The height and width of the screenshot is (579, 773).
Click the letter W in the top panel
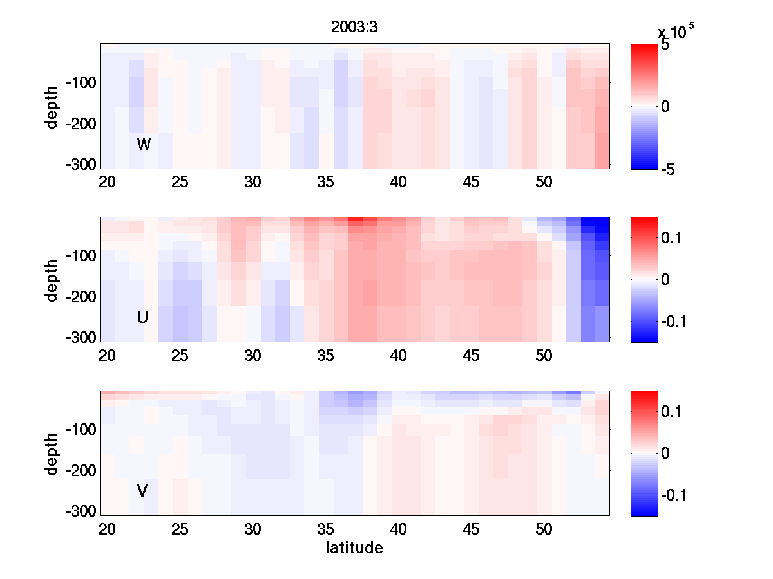pyautogui.click(x=144, y=144)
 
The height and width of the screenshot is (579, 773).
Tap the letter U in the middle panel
pyautogui.click(x=143, y=317)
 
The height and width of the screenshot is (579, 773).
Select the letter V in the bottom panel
pyautogui.click(x=142, y=491)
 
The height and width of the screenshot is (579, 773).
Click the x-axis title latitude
pyautogui.click(x=354, y=548)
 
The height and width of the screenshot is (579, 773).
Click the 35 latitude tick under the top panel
pyautogui.click(x=326, y=182)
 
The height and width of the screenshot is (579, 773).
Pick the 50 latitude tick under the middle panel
pyautogui.click(x=544, y=356)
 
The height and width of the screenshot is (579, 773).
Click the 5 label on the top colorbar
pyautogui.click(x=665, y=46)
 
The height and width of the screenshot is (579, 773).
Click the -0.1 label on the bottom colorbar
pyautogui.click(x=675, y=495)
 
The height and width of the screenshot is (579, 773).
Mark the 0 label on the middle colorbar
pyautogui.click(x=665, y=279)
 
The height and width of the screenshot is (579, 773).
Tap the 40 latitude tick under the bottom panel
pyautogui.click(x=399, y=529)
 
